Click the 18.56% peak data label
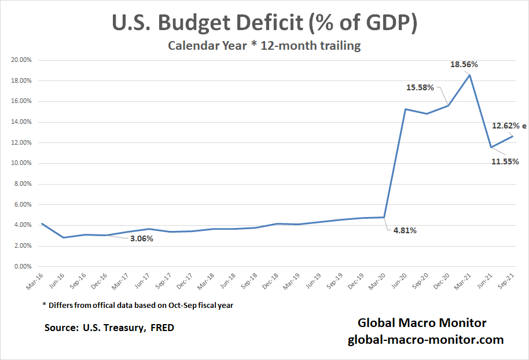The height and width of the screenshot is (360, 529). pyautogui.click(x=464, y=65)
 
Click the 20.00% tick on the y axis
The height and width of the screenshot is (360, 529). pyautogui.click(x=22, y=60)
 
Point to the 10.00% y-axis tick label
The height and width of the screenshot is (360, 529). pyautogui.click(x=22, y=163)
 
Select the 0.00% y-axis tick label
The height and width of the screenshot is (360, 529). pyautogui.click(x=23, y=267)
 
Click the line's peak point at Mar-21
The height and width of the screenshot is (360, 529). pyautogui.click(x=470, y=75)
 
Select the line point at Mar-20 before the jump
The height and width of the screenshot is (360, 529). pyautogui.click(x=384, y=217)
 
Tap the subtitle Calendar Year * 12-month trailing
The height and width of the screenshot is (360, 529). pyautogui.click(x=264, y=46)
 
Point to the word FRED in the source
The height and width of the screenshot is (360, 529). pyautogui.click(x=162, y=328)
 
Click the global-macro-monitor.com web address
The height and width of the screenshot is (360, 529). pyautogui.click(x=425, y=340)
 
